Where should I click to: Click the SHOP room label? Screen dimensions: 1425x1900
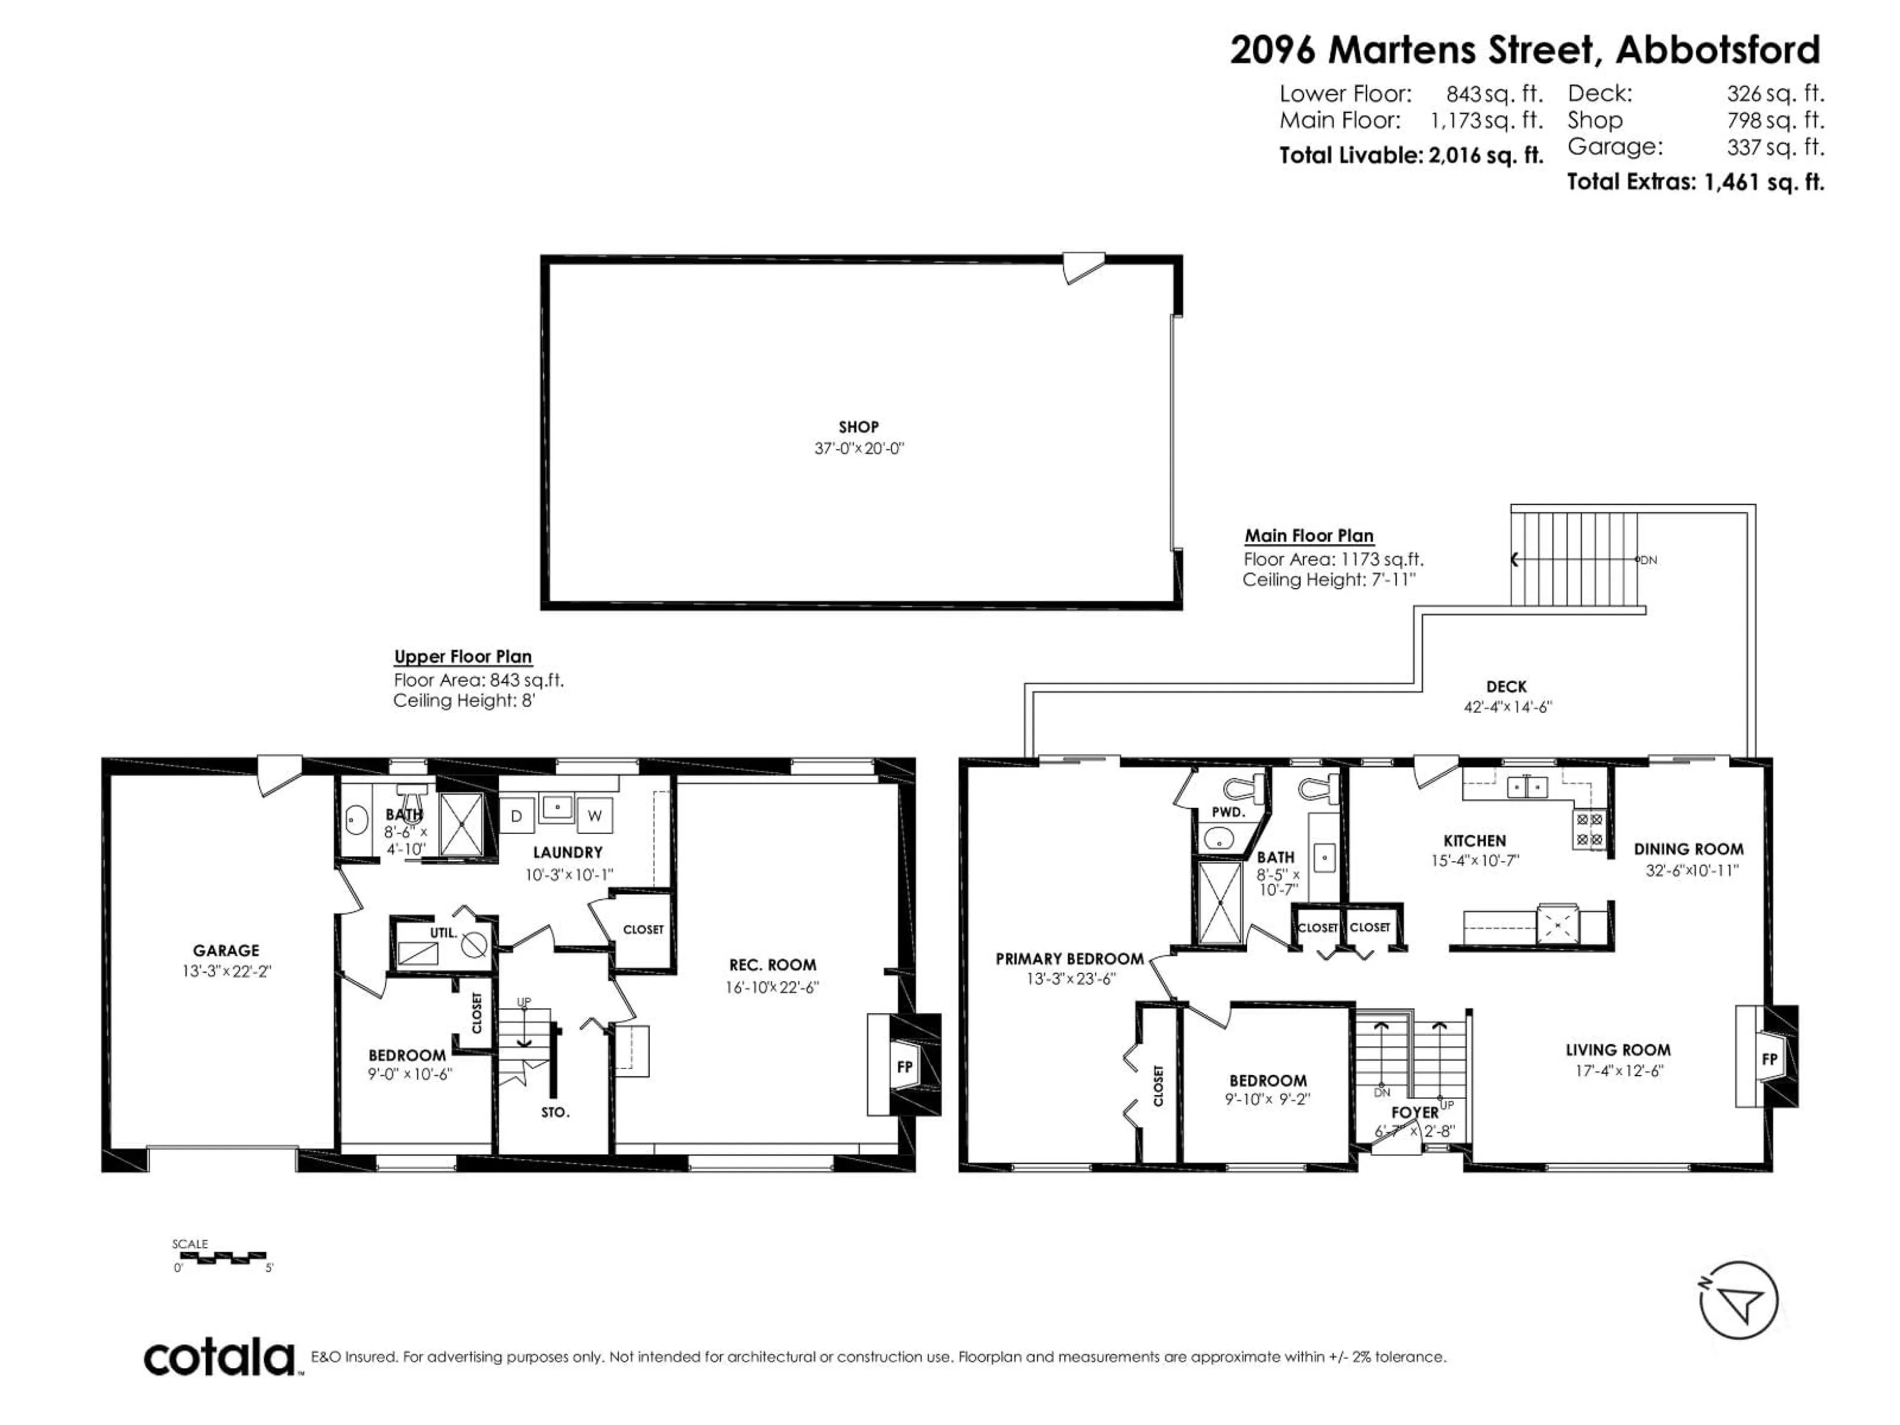[858, 427]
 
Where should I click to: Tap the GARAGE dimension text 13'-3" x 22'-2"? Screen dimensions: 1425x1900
[226, 971]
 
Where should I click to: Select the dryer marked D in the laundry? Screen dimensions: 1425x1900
[516, 816]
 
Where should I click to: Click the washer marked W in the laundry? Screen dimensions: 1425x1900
[594, 816]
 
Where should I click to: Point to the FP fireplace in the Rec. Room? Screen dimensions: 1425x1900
[904, 1067]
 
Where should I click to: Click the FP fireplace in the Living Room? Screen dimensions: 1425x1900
[1769, 1059]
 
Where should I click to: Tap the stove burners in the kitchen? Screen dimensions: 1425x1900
[1588, 828]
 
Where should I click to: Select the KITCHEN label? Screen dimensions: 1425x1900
[1474, 841]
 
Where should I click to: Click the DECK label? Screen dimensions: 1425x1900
[1507, 686]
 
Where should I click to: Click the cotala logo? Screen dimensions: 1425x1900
[219, 1358]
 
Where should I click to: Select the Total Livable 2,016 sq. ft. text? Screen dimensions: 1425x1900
[1410, 155]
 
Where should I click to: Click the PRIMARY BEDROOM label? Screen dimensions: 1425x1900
[1069, 958]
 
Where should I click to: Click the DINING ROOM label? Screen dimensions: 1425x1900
[1689, 849]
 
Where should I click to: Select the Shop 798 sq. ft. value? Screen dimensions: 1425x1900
[1775, 120]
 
